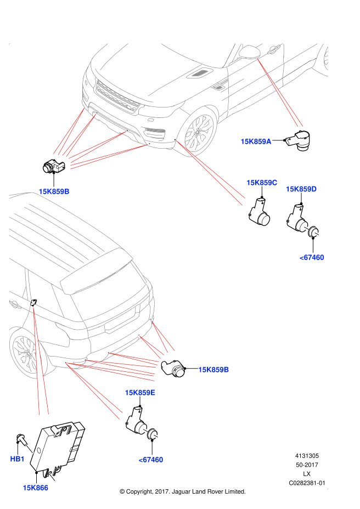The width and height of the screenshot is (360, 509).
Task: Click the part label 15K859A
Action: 256,141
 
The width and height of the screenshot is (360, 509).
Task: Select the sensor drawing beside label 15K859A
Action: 298,141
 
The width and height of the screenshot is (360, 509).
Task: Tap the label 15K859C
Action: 262,183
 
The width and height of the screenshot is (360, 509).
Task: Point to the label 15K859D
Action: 301,189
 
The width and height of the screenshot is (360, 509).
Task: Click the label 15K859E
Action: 140,393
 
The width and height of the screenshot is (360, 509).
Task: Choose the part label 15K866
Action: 36,488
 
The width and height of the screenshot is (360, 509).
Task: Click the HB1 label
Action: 17,459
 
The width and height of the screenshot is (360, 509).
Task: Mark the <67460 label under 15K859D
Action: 312,257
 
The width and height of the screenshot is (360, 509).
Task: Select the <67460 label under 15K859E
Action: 151,460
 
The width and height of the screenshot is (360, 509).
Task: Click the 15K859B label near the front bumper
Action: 54,191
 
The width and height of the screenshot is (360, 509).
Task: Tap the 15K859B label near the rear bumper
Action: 213,370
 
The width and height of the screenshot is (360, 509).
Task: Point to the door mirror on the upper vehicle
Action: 250,52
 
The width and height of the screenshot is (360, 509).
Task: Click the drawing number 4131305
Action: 307,456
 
